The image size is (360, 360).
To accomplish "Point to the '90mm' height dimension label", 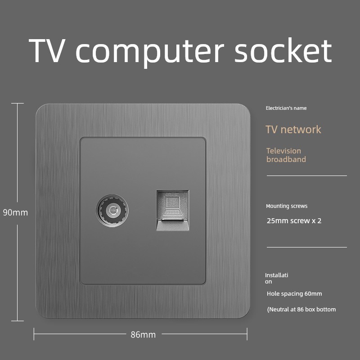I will [x=15, y=212].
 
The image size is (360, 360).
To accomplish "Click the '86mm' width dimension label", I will [x=143, y=334].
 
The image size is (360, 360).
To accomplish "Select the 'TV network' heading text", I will [x=293, y=130].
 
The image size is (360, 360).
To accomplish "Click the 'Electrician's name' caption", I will [x=286, y=108].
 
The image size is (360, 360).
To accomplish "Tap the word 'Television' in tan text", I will [x=283, y=151].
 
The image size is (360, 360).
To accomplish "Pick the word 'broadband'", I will [x=286, y=159].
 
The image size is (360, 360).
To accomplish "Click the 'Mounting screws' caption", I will [x=287, y=206].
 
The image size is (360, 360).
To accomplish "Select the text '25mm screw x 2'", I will [x=294, y=221].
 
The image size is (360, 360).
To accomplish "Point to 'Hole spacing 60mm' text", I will [x=294, y=294].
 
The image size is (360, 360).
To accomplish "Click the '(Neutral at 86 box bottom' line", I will [x=301, y=309].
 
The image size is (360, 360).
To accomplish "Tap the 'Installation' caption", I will [x=276, y=278].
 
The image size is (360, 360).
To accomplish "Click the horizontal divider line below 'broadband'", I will [x=306, y=175].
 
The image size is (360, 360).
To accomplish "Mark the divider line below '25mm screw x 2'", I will [x=306, y=247].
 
